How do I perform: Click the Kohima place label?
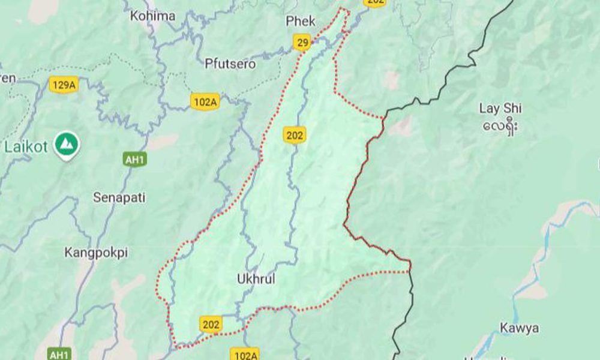152,16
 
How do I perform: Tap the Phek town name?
301,22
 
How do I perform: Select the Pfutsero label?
230,64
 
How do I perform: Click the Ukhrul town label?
256,279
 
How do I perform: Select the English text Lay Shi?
500,109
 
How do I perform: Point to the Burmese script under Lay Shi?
500,127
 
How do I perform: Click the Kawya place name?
520,328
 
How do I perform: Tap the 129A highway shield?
64,85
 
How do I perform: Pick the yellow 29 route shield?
303,42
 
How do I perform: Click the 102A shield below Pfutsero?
205,102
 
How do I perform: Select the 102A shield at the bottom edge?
245,355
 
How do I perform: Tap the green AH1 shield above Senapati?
134,160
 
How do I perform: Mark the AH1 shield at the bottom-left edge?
60,354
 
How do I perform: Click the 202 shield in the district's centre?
295,136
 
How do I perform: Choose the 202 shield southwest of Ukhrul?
211,325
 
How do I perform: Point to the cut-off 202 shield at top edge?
375,3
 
